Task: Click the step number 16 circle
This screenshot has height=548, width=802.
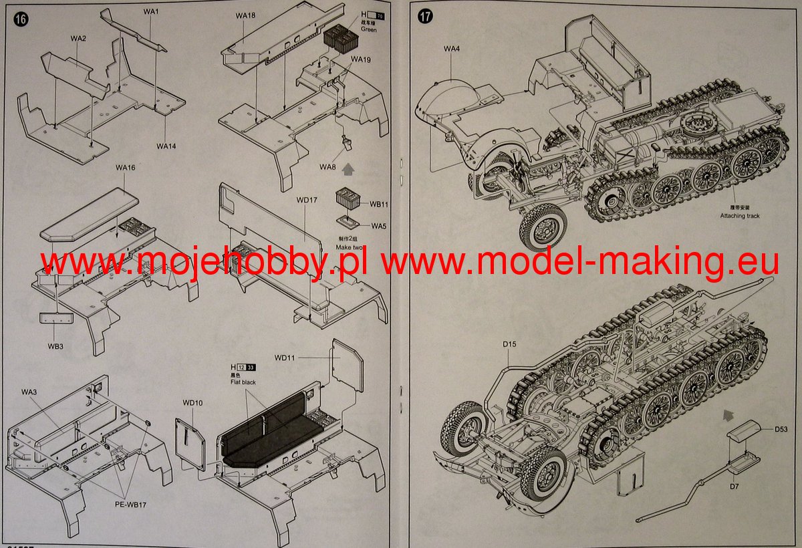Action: (20, 19)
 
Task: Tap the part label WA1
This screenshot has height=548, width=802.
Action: (151, 12)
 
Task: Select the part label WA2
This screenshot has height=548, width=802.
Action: (78, 39)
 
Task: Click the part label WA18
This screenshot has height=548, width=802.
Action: (245, 15)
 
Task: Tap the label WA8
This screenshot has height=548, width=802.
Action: (327, 166)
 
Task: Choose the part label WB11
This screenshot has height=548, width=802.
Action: (379, 204)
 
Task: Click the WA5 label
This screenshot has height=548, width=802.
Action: (379, 226)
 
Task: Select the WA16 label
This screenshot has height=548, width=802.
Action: (125, 167)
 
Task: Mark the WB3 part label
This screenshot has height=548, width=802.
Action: (55, 346)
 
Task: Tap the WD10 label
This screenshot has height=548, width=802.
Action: (192, 402)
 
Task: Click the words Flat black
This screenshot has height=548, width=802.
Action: (243, 382)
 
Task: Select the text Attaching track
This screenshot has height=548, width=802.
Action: (739, 216)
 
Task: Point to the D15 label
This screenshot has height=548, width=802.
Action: (510, 345)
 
